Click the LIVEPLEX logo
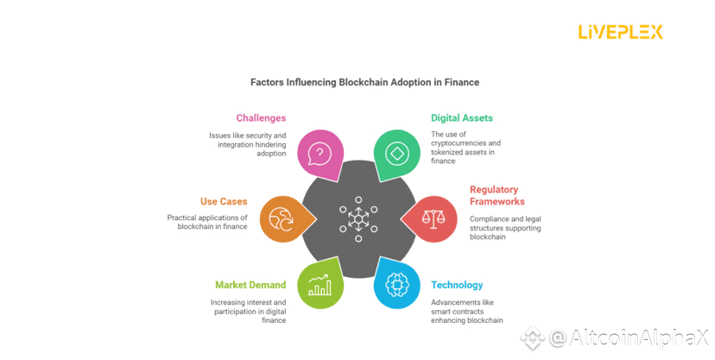click(620, 32)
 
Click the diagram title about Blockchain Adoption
click(364, 82)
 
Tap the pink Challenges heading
click(261, 117)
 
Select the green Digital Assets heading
click(462, 117)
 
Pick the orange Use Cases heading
click(225, 201)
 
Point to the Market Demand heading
click(251, 285)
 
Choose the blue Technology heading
click(457, 285)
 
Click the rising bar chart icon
click(320, 284)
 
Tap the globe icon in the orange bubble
click(282, 218)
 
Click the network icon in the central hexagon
click(357, 218)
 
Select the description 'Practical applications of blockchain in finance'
click(207, 222)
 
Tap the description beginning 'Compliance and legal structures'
click(505, 227)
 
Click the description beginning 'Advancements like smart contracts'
click(467, 312)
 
